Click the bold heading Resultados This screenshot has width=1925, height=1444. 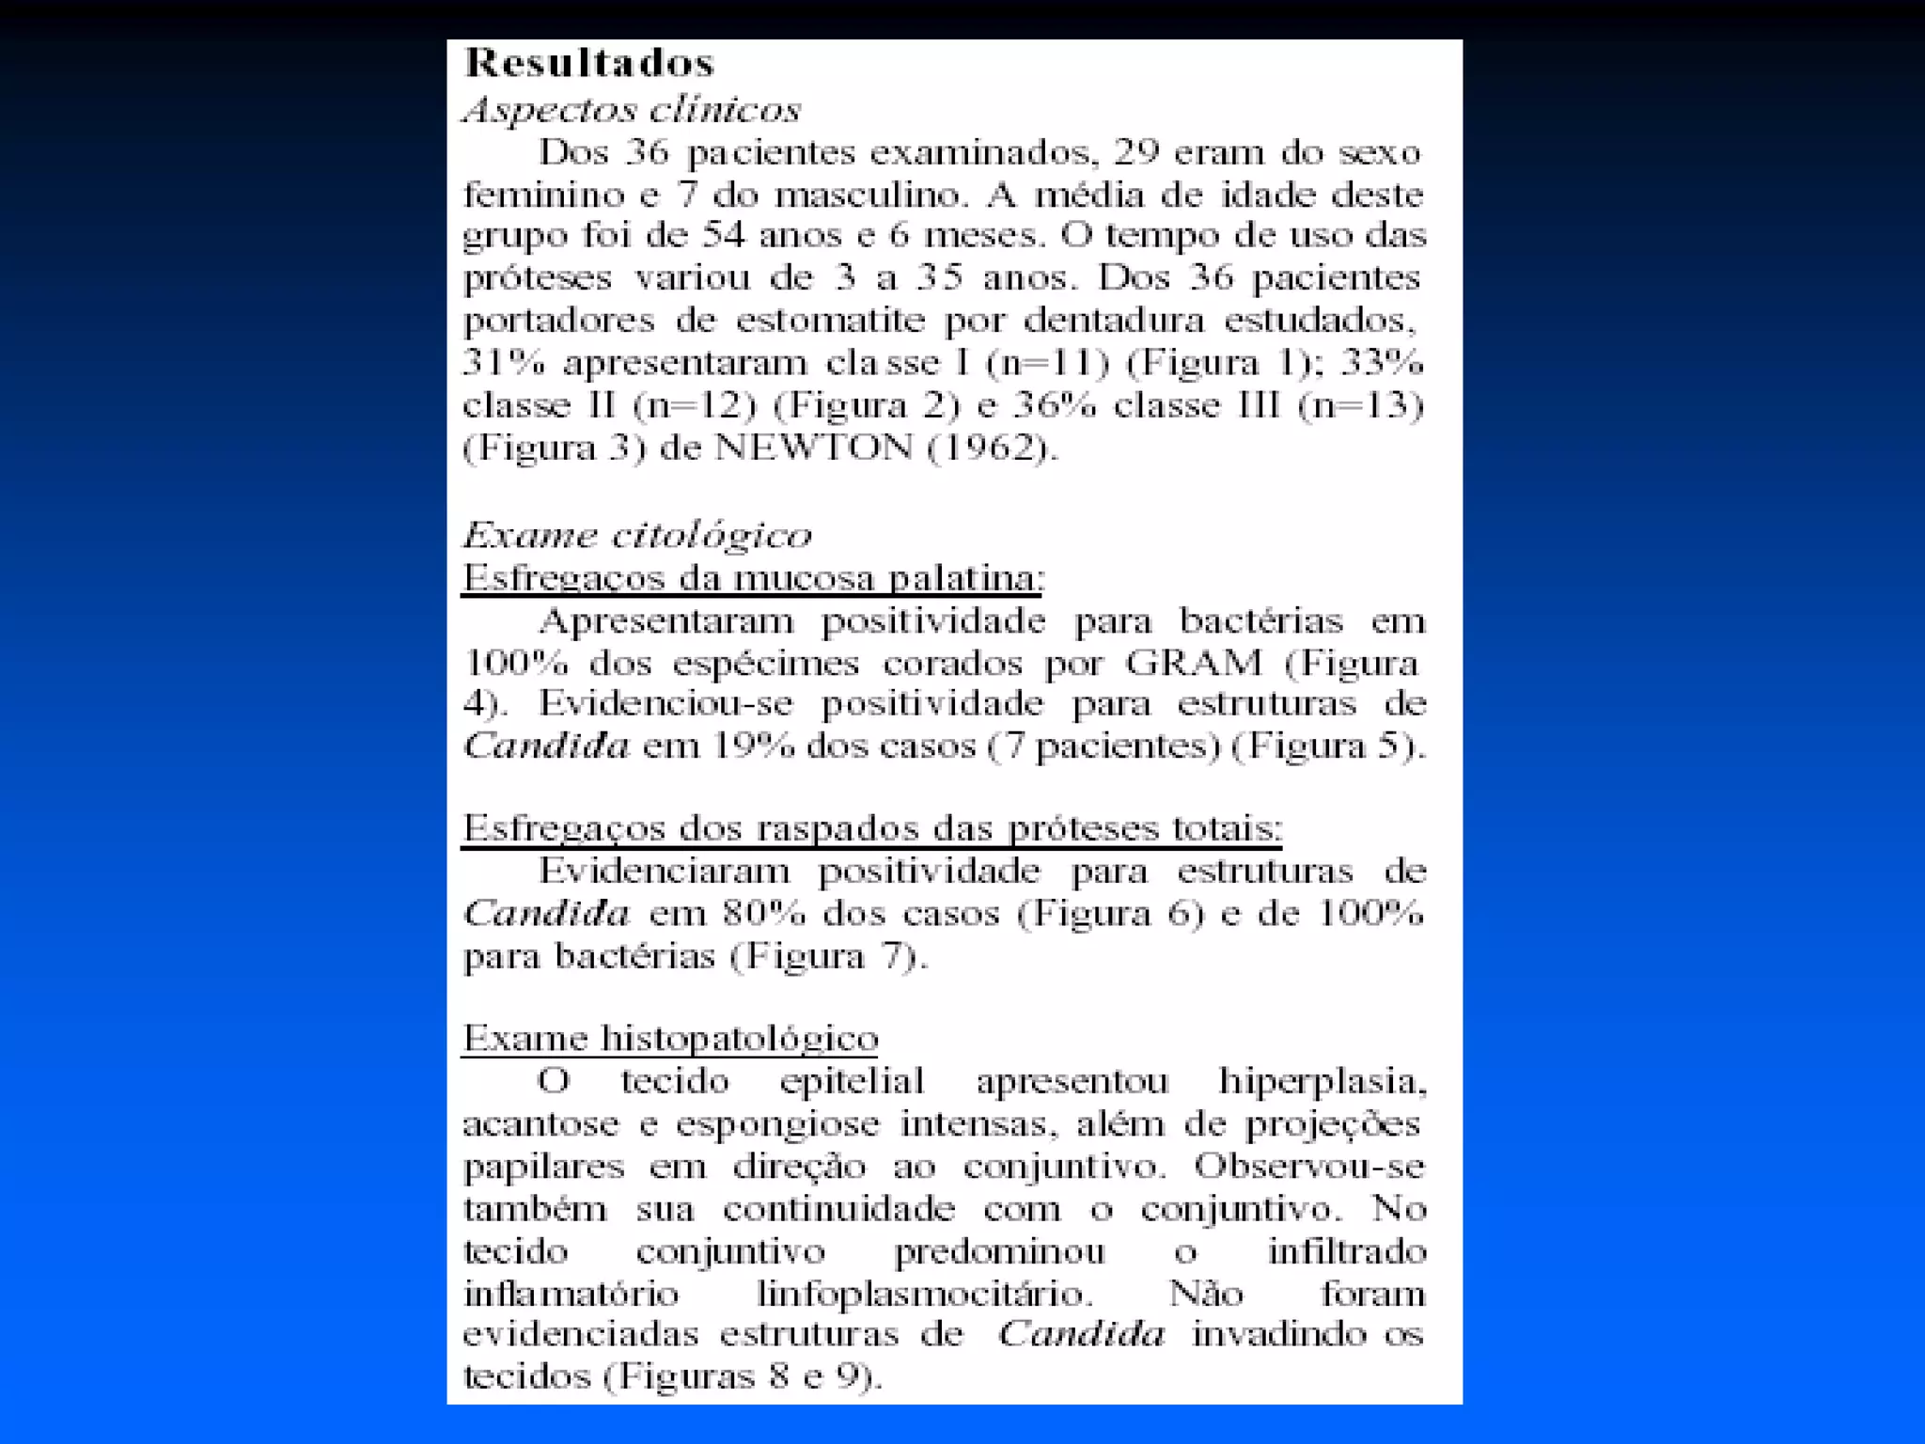coord(589,63)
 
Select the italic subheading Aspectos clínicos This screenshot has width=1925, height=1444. coord(632,110)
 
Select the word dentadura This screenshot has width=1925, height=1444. coord(1113,321)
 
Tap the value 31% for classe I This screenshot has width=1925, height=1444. coord(504,362)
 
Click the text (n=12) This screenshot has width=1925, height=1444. coord(695,405)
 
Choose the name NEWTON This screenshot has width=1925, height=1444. coord(814,447)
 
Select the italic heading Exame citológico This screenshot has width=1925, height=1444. coord(637,535)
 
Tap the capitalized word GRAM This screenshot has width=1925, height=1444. coord(1194,663)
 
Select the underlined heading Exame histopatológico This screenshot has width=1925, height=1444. coord(670,1038)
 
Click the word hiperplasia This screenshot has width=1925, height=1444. coord(1322,1081)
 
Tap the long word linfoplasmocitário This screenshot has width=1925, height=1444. coord(925,1294)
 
